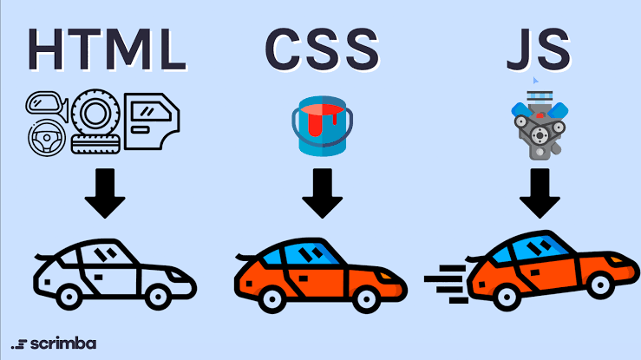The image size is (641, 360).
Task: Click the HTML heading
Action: pos(107,49)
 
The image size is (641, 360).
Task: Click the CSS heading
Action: pos(322,49)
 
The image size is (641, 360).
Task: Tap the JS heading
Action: pos(538,50)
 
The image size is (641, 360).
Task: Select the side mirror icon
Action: pos(47,106)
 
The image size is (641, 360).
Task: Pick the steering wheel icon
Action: pos(47,138)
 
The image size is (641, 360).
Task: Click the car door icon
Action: pos(152,121)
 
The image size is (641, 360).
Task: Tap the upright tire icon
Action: pos(95,112)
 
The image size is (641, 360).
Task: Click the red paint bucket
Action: pos(322,126)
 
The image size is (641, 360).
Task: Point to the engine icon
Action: pos(540,125)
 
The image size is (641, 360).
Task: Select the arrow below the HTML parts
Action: pos(105,193)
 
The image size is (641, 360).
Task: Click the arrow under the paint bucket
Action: pos(322,193)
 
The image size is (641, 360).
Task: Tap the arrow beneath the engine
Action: pos(540,193)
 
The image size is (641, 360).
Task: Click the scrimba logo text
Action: pos(63,344)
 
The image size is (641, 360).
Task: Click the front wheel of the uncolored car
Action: pos(158,296)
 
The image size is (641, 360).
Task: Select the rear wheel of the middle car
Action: pos(272,298)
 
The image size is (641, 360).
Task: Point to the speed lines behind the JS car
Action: pos(446,284)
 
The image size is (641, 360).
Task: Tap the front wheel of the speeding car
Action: pos(600,285)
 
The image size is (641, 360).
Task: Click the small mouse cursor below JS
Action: pos(535,80)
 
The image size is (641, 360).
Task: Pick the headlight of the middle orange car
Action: pos(385,276)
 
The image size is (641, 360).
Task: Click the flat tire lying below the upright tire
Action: pos(95,144)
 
